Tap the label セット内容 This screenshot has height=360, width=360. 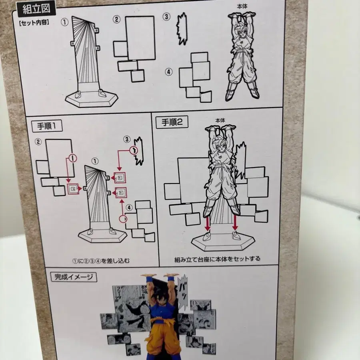[x=33, y=23]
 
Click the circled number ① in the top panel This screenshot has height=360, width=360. [x=64, y=22]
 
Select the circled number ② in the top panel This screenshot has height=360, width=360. [x=116, y=19]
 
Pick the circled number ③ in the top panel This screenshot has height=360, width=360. [x=166, y=17]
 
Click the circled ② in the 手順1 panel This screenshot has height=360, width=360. [x=38, y=141]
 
